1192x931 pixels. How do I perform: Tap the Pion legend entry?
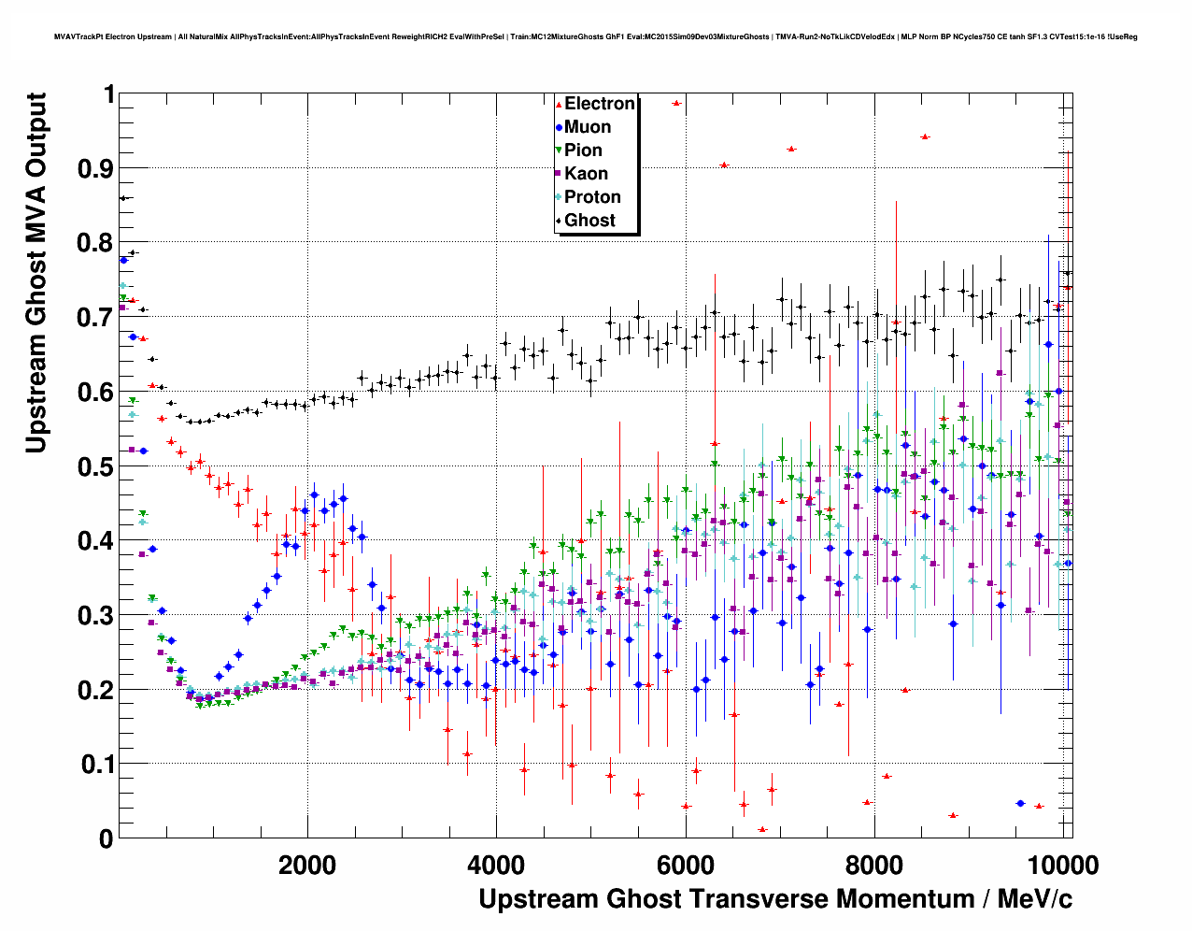click(x=583, y=150)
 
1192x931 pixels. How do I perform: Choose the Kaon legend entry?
click(x=586, y=174)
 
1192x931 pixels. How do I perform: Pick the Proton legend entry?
click(x=592, y=197)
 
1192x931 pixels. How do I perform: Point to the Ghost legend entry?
click(x=589, y=221)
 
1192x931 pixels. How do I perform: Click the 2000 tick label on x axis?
click(x=307, y=865)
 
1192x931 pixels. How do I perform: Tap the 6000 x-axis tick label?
click(x=686, y=865)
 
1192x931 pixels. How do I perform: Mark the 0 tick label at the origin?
click(x=106, y=838)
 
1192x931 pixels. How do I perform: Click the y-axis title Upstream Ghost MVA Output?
click(x=35, y=273)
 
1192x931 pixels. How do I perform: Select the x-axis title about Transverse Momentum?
click(x=774, y=899)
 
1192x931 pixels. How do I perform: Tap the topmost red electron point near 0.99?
click(x=676, y=103)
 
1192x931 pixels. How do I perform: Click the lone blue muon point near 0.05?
click(x=1020, y=804)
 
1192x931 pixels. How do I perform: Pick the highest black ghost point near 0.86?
click(x=123, y=198)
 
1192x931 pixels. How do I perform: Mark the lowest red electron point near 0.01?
click(x=762, y=829)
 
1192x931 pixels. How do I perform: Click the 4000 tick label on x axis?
click(x=496, y=865)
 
